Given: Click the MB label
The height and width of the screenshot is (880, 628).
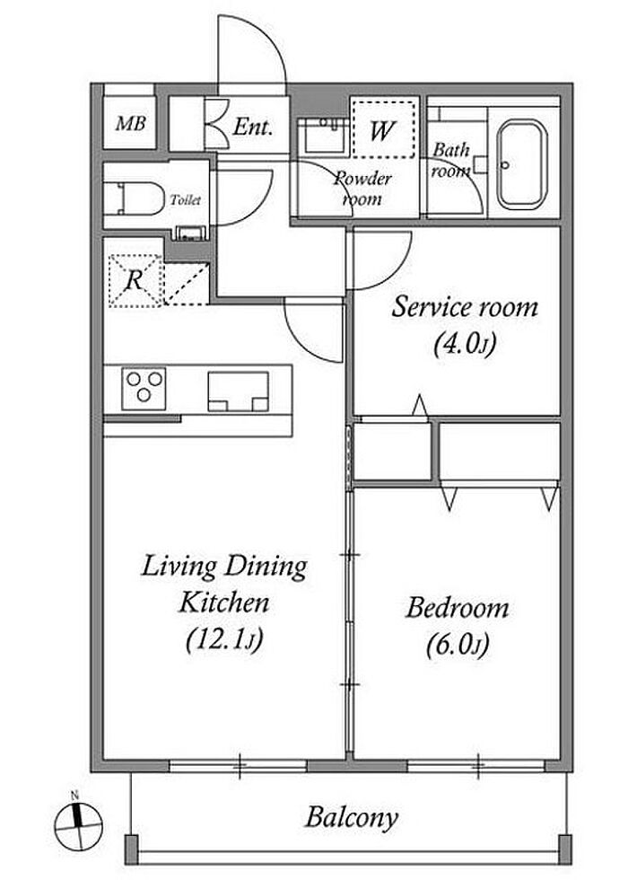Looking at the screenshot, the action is coord(130,123).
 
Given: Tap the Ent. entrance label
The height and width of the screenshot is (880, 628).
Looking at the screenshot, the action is coord(252,127).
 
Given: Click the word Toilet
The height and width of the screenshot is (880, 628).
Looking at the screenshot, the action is coord(185,199).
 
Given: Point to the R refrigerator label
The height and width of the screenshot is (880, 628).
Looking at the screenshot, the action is coord(134,279).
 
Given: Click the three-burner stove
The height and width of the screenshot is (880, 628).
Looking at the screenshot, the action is coord(144,388).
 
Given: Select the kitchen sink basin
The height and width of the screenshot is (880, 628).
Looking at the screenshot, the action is coord(238,392).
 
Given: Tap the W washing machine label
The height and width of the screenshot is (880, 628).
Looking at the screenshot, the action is coord(382,130).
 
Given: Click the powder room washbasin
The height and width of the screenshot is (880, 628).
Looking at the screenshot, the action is coord(325,136).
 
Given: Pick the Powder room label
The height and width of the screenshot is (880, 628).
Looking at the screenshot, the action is coord(362,189).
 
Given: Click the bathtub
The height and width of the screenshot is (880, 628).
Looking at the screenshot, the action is coord(522,163).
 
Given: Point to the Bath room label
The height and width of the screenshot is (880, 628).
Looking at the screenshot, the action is coord(450,160).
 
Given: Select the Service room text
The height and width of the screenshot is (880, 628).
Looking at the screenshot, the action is coord(465,307).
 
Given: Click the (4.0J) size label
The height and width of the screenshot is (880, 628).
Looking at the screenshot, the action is coord(465,344).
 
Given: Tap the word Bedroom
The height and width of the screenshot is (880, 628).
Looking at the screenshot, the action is coord(458,608).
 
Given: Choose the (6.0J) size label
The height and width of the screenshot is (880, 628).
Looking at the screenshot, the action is coord(458,645).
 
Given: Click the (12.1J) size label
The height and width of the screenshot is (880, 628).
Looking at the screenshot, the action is coord(223,639).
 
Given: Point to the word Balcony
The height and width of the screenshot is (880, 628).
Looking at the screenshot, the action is coord(352,818).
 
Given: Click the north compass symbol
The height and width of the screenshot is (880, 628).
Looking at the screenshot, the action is coord(79,824).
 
